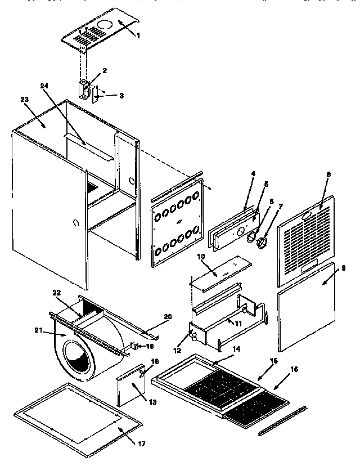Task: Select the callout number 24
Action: point(44,86)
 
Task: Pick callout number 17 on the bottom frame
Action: point(141,444)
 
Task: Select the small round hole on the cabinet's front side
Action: point(76,223)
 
